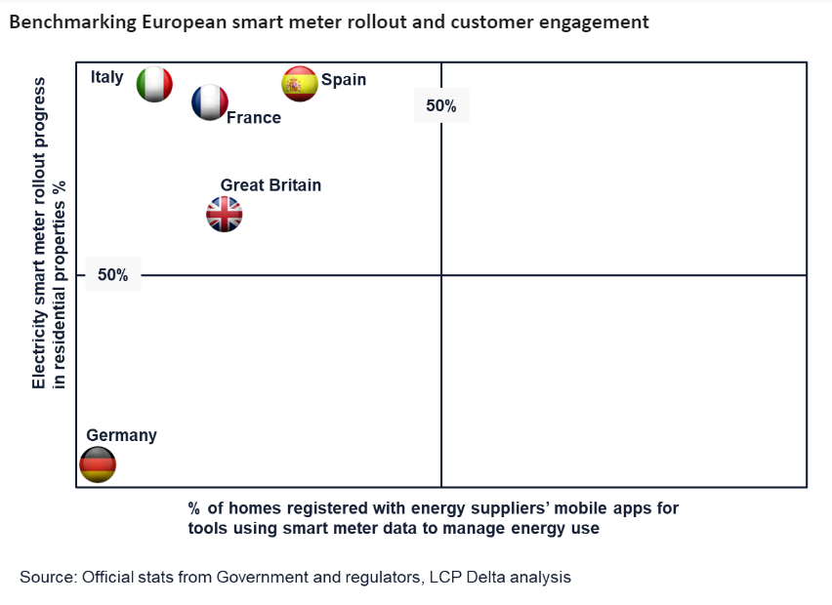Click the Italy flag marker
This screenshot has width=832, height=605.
click(x=154, y=84)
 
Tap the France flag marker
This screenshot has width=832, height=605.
click(x=209, y=102)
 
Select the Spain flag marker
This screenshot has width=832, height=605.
click(x=300, y=84)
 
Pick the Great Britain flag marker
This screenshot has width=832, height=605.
click(x=225, y=215)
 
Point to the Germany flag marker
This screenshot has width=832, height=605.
click(x=98, y=464)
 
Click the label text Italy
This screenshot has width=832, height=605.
click(x=107, y=77)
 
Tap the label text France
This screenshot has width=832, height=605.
click(x=254, y=118)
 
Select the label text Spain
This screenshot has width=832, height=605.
click(x=344, y=80)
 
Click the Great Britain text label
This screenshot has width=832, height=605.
click(x=270, y=185)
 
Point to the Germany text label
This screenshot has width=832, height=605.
click(x=121, y=436)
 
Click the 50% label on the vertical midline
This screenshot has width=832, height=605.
click(x=441, y=106)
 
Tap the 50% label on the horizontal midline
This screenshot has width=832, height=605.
click(x=113, y=276)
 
